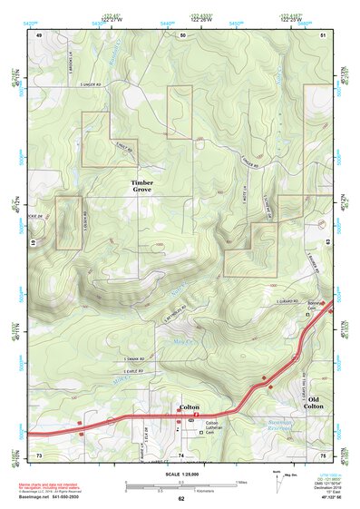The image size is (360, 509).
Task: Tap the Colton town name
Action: coord(189,408)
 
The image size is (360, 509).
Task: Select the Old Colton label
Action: coord(314,402)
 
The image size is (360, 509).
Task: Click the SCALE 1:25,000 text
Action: coord(180,475)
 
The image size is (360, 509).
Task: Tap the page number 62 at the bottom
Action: coord(180,498)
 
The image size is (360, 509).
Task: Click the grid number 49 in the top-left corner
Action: coord(39,34)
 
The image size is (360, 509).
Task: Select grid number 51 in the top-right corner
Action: coord(324,34)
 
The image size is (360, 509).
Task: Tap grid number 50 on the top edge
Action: coord(182,34)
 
